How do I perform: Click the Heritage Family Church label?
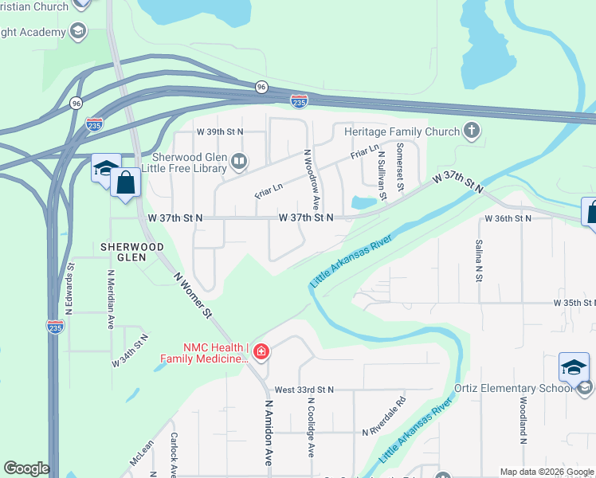click(402, 131)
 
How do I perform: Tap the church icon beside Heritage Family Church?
click(471, 130)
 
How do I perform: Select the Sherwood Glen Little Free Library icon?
click(238, 163)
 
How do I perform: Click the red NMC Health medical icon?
click(261, 351)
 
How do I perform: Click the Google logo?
click(26, 468)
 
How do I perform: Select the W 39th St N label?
click(218, 131)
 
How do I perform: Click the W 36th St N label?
click(508, 217)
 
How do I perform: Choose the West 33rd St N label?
click(304, 390)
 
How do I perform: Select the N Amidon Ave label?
click(269, 433)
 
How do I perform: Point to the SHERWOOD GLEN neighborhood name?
click(131, 252)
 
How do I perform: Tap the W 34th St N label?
click(130, 351)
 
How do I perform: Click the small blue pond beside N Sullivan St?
click(363, 202)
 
